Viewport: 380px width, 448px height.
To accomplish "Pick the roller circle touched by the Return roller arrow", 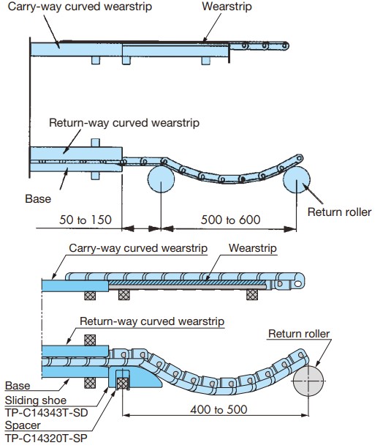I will pos(296,180).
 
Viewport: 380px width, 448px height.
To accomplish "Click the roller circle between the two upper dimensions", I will pos(160,180).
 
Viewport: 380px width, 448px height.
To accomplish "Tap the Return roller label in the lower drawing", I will pos(299,334).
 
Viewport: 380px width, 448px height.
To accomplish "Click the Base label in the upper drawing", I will pos(38,198).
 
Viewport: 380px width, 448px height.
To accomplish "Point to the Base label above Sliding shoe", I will pos(18,385).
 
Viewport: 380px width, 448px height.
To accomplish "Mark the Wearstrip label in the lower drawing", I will pos(253,249).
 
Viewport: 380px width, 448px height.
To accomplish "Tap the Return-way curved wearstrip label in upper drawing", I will pos(123,123).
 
